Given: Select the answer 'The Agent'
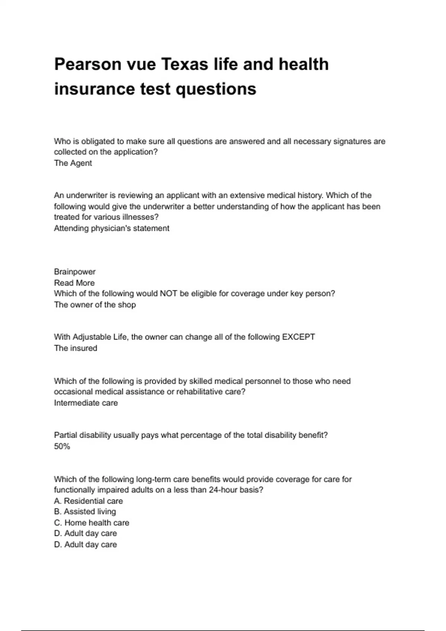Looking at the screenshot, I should pos(73,163).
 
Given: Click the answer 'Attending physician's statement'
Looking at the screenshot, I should pos(111,228).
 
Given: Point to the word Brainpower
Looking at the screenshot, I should pos(75,272).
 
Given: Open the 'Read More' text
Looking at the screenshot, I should pos(74,283).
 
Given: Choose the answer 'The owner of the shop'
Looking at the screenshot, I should pos(95,305).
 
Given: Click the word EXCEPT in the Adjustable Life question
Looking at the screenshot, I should pos(298,337).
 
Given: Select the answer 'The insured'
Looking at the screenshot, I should pos(75,348).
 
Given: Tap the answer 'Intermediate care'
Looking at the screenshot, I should pos(86,403).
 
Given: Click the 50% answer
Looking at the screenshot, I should pos(62,446).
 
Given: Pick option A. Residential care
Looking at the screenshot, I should pos(88,501).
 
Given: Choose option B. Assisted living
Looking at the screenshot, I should pos(85,511).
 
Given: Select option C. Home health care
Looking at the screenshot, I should pos(91,523).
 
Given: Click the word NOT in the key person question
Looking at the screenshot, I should pos(168,294).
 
